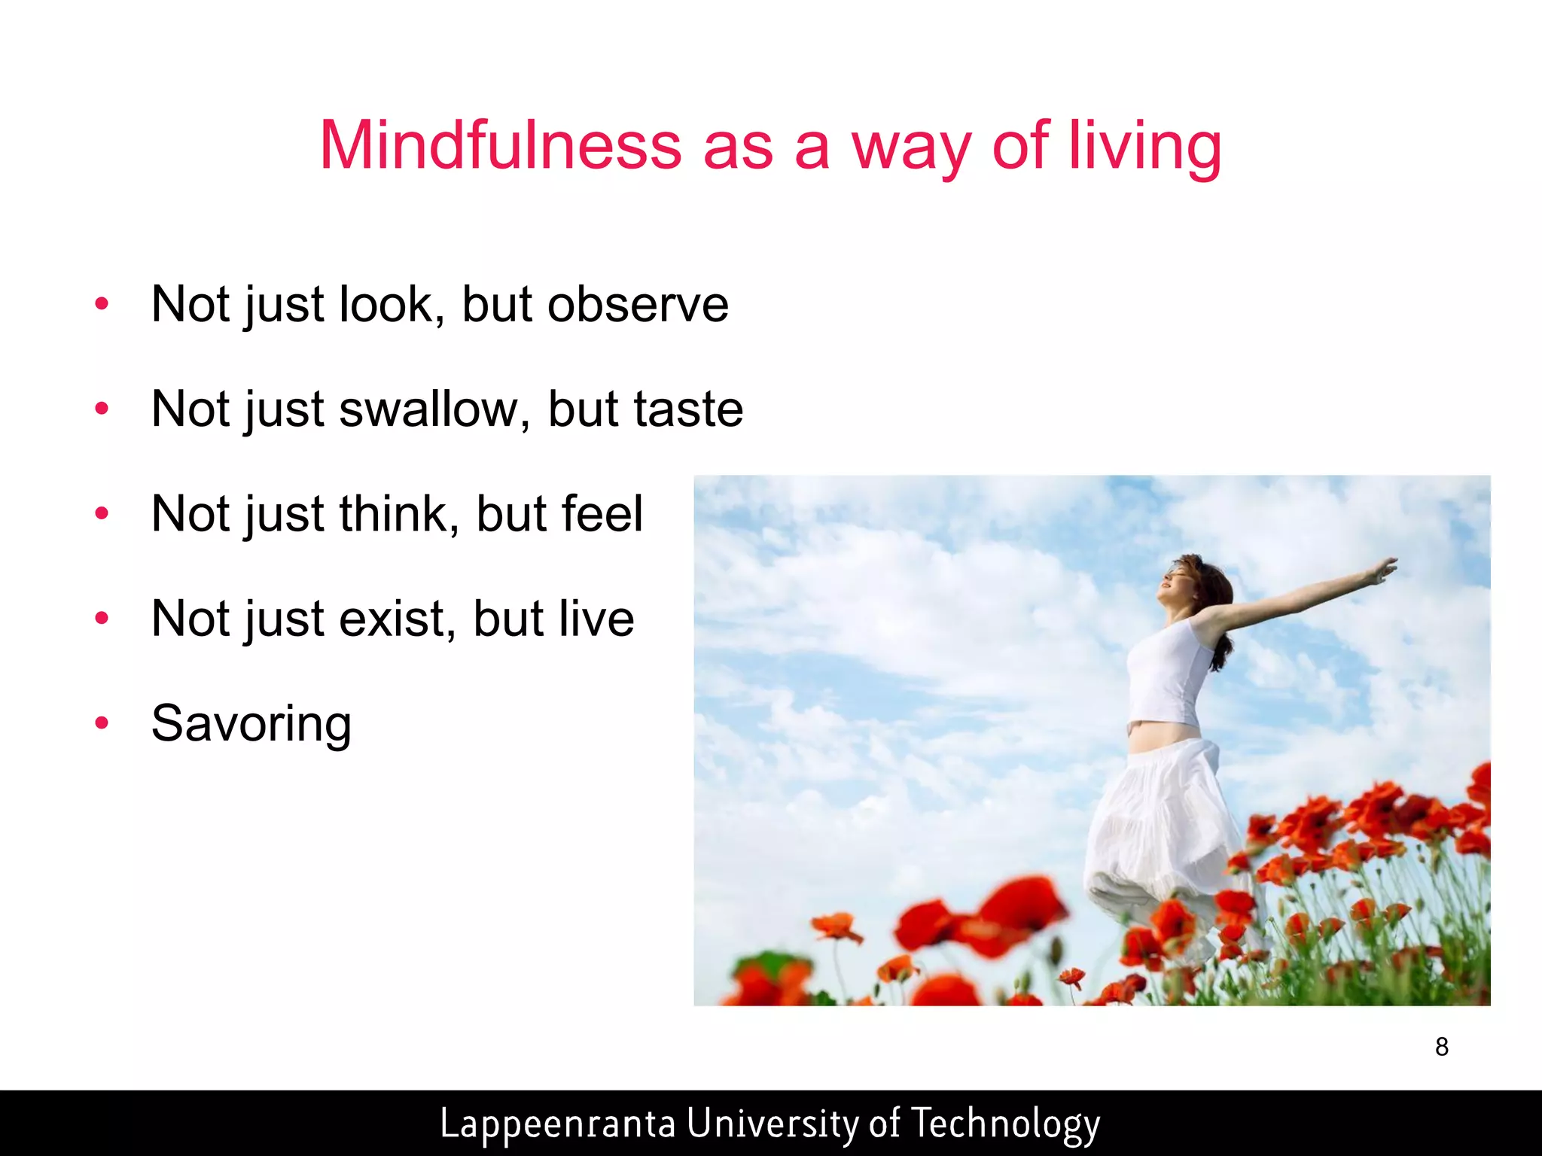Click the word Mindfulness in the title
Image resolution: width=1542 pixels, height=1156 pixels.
tap(500, 145)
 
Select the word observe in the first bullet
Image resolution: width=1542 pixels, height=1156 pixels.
tap(638, 305)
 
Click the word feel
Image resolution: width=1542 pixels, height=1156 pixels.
tap(599, 514)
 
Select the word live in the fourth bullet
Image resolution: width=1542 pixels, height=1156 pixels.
tap(595, 619)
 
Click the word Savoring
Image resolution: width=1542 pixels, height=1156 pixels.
tap(251, 724)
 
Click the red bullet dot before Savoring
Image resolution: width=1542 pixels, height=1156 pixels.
tap(102, 723)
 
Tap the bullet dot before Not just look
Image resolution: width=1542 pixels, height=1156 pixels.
tap(102, 304)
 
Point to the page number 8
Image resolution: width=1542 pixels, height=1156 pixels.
tap(1441, 1047)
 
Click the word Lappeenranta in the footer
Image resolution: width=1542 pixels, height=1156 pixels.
tap(557, 1124)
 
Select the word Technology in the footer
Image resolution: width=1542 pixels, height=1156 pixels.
tap(1005, 1124)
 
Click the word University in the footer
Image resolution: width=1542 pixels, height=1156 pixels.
tap(773, 1124)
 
